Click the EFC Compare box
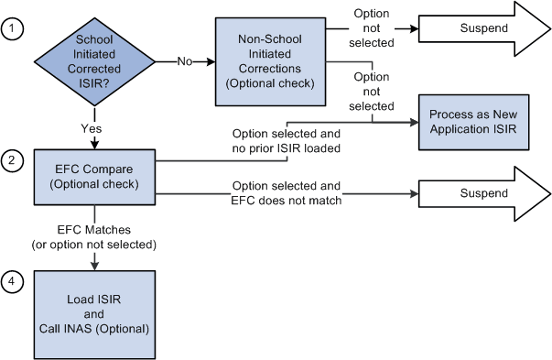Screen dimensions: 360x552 (94, 177)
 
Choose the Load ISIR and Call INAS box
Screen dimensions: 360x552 (94, 308)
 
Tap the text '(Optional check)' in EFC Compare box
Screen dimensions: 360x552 (94, 185)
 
